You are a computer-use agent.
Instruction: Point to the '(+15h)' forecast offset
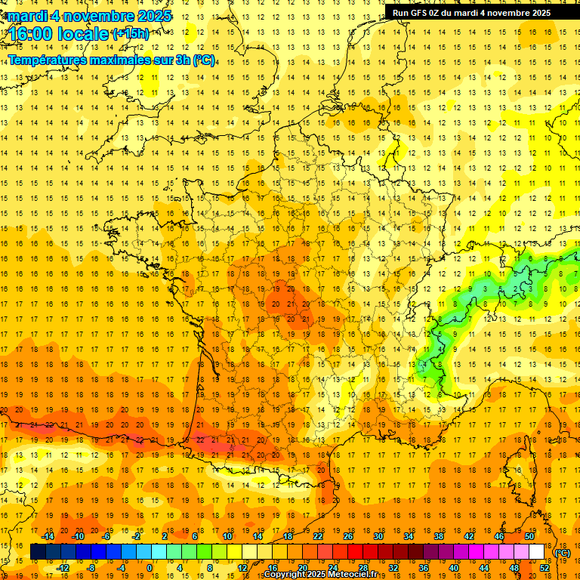pyautogui.click(x=131, y=34)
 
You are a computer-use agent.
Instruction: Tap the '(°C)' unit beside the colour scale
pyautogui.click(x=563, y=553)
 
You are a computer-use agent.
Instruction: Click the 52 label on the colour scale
pyautogui.click(x=545, y=567)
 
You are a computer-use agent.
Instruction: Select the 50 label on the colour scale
pyautogui.click(x=529, y=536)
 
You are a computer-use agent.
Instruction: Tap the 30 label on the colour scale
pyautogui.click(x=378, y=536)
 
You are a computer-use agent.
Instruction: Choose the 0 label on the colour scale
pyautogui.click(x=150, y=567)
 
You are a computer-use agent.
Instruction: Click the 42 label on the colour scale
pyautogui.click(x=469, y=536)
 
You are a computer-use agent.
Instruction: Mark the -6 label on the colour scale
pyautogui.click(x=107, y=536)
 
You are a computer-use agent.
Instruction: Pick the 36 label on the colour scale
pyautogui.click(x=423, y=567)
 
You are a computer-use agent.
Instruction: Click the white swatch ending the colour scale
pyautogui.click(x=537, y=552)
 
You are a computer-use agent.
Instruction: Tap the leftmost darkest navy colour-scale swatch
pyautogui.click(x=39, y=552)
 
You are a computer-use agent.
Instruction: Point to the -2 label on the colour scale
pyautogui.click(x=137, y=536)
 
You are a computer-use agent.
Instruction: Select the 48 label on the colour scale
pyautogui.click(x=514, y=567)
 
